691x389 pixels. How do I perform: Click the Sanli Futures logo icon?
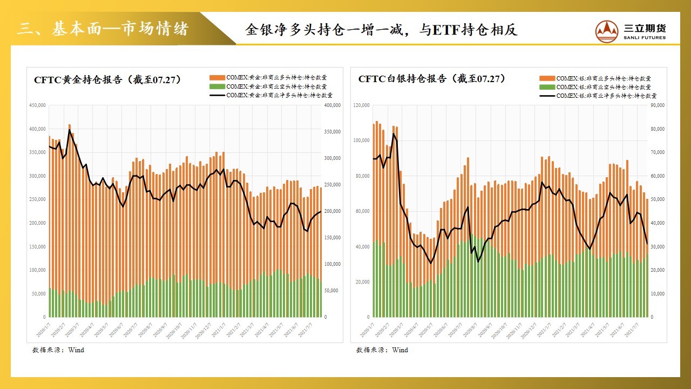[x=607, y=31]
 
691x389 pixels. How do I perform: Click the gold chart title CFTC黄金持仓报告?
[x=108, y=79]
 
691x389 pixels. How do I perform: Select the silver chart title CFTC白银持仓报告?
[x=432, y=79]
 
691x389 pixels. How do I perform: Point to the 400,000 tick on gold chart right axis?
[x=331, y=105]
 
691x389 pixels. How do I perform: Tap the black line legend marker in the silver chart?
[x=547, y=96]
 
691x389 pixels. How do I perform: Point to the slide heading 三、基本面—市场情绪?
[x=103, y=29]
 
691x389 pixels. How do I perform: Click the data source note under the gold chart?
[x=58, y=350]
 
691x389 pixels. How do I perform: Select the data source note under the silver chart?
[x=382, y=350]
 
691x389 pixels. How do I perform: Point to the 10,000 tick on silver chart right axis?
[x=656, y=294]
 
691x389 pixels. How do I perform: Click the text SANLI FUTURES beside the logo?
[x=645, y=38]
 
